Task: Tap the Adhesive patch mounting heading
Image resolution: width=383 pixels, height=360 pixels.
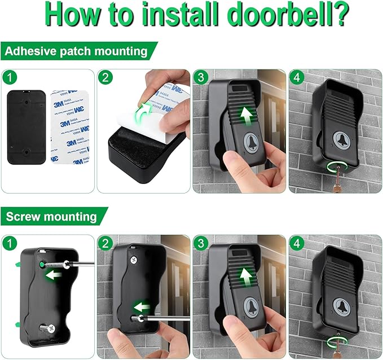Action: (76, 52)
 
